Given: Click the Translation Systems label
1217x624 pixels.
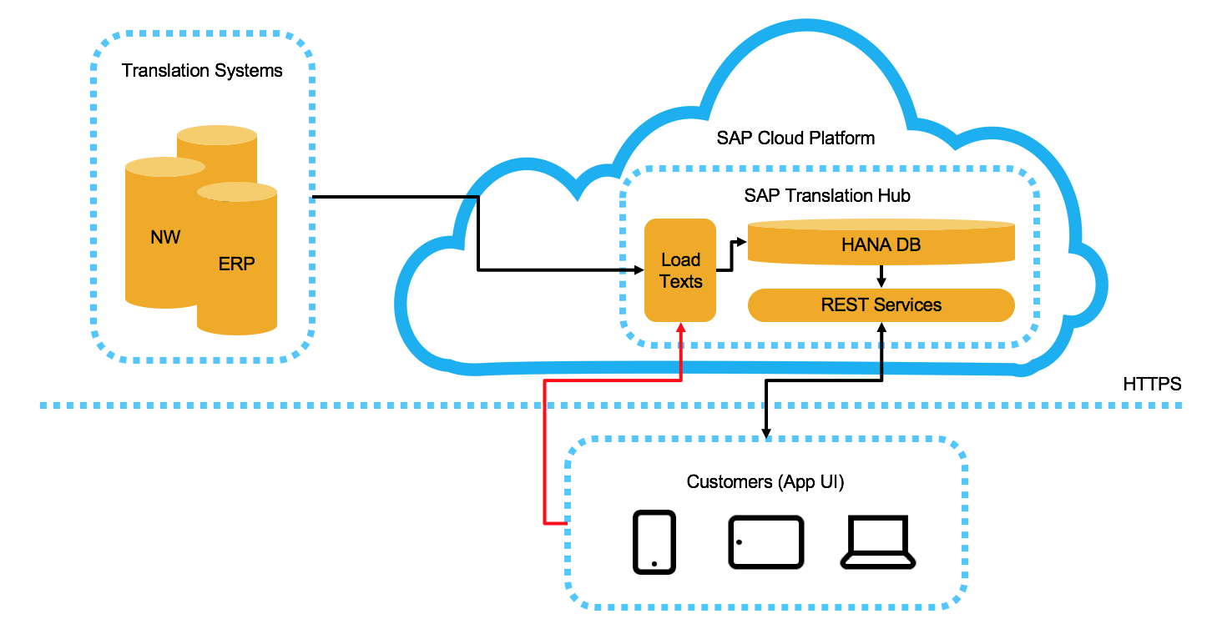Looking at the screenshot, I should click(202, 71).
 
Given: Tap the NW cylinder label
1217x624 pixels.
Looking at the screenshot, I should click(164, 238).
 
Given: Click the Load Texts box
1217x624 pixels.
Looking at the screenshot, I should click(680, 271).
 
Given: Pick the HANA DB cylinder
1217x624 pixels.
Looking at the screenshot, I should click(881, 245).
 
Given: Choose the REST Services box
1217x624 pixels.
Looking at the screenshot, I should click(881, 305).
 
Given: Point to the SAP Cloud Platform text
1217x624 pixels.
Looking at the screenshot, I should click(795, 138).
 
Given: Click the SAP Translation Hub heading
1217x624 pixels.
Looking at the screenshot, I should click(826, 196).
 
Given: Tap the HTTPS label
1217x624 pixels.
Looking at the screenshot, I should click(1152, 385).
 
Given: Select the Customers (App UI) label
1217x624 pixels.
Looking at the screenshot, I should click(765, 481).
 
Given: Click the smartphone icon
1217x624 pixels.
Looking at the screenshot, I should click(654, 542).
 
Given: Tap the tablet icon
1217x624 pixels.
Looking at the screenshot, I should click(765, 542).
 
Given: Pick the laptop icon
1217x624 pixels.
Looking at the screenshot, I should click(876, 542).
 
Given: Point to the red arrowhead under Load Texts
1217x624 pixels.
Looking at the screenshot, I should click(681, 329).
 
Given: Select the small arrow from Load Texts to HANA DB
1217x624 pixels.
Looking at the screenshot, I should click(732, 255).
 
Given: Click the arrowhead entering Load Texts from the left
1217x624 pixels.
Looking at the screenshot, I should click(639, 270).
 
